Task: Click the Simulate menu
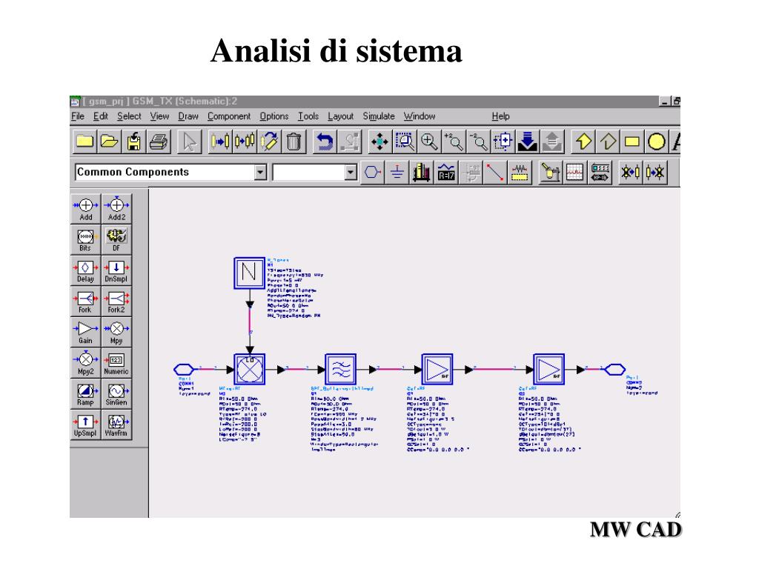tap(378, 116)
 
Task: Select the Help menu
tap(500, 116)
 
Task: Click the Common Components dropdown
tap(170, 173)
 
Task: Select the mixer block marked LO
tap(251, 367)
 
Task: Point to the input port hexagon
tap(184, 368)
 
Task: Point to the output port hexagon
tap(615, 368)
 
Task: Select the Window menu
tap(419, 116)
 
